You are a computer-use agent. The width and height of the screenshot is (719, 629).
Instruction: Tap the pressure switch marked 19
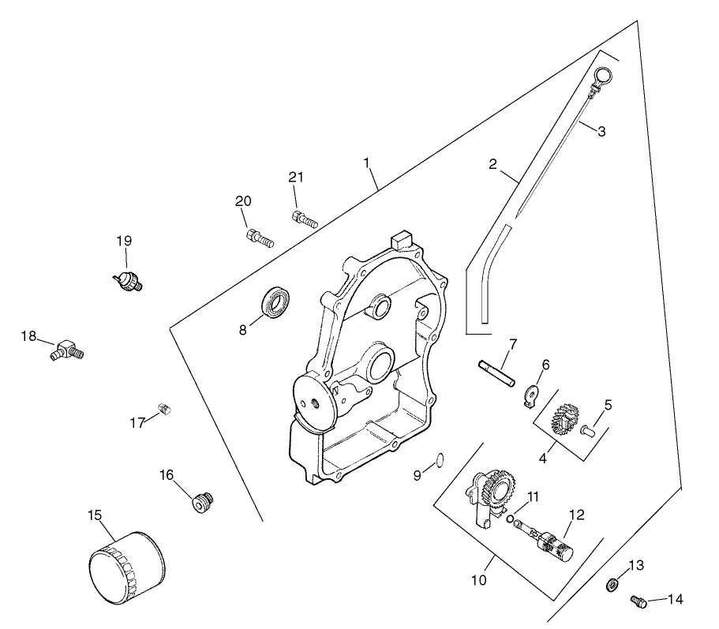click(128, 279)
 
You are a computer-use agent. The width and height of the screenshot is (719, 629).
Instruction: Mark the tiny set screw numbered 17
click(165, 408)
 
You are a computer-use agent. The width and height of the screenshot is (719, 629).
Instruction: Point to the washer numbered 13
click(612, 585)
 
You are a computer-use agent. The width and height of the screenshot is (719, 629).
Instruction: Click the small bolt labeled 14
click(638, 603)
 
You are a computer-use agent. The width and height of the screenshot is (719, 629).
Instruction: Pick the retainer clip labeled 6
click(532, 394)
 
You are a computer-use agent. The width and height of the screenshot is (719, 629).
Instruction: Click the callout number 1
click(367, 162)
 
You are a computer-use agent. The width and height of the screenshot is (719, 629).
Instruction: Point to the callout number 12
click(577, 515)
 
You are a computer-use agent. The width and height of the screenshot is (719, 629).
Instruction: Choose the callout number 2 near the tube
click(493, 164)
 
